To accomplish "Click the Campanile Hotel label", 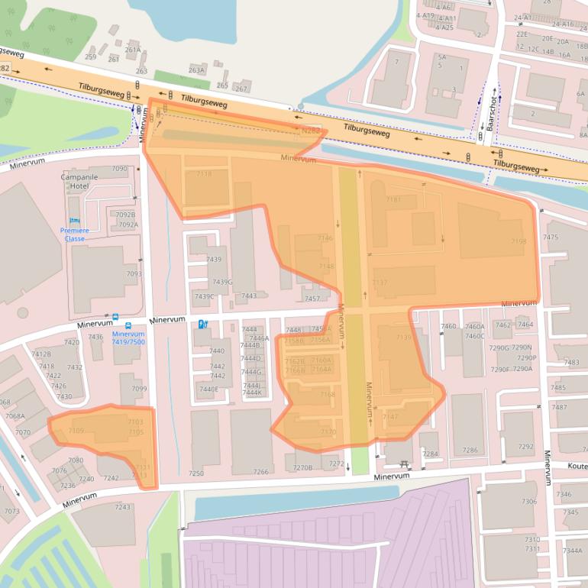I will (79, 181).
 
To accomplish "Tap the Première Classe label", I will (74, 234).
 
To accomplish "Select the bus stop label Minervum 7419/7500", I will (128, 338).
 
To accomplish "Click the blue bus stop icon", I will (115, 317).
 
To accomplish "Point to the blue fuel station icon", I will (202, 324).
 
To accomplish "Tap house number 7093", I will (134, 274).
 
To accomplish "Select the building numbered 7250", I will (196, 473).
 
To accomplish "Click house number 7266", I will (260, 472).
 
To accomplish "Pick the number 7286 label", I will (470, 451).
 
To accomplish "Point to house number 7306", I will (529, 502).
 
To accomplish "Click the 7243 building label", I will (122, 507).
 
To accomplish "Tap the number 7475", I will (551, 237).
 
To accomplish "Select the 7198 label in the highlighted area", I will (519, 242).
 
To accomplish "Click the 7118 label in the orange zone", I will (204, 174).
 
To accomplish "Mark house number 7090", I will (120, 169).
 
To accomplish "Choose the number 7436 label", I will (95, 337).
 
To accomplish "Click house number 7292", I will (526, 447).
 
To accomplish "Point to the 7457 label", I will (312, 299).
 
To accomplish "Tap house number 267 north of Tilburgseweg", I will (241, 89).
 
